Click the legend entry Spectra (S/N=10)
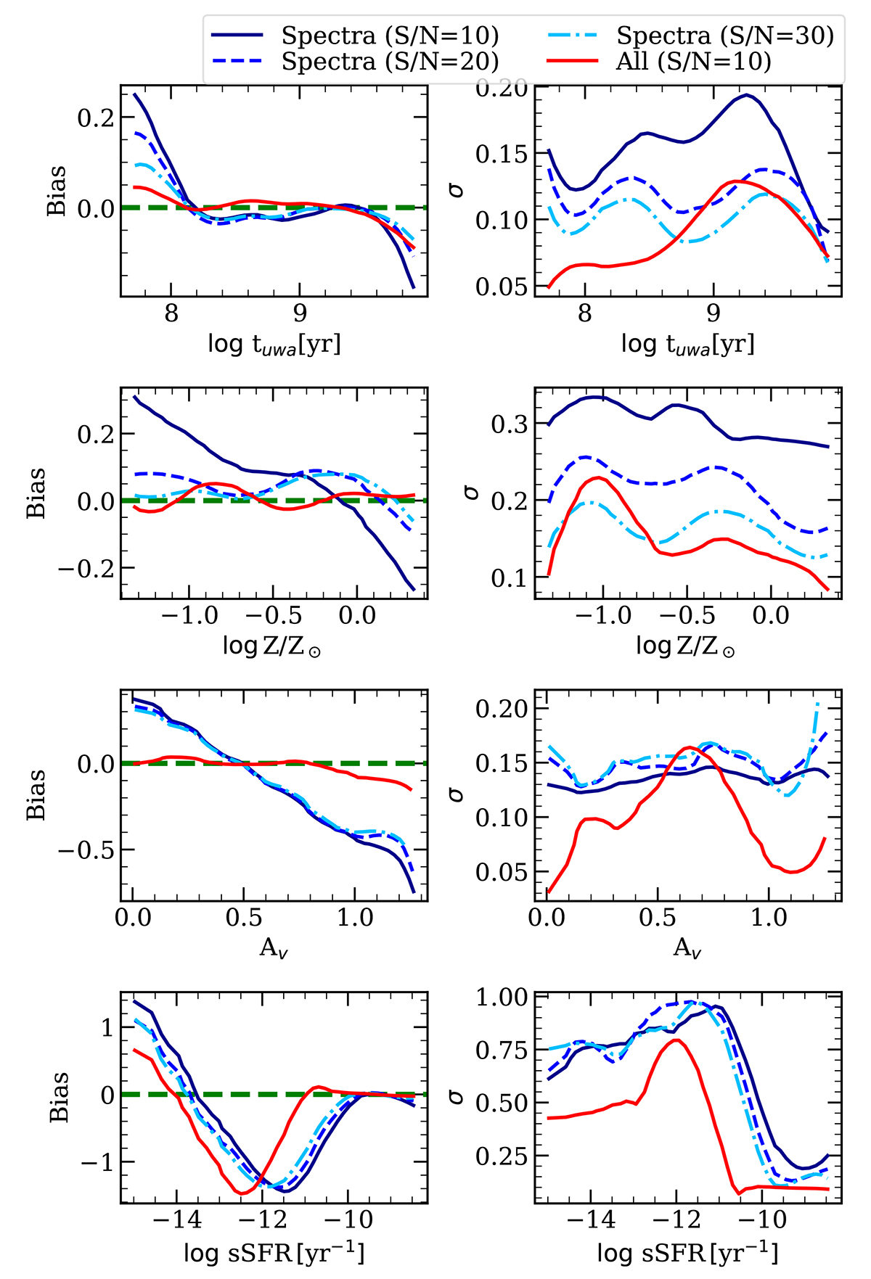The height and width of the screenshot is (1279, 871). pos(390,35)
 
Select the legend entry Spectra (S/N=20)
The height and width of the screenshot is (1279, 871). pos(390,62)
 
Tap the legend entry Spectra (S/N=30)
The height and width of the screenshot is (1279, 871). pos(725,35)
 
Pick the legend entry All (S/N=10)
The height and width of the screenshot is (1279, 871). pos(693,62)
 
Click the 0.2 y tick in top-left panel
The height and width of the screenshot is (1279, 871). pos(96,118)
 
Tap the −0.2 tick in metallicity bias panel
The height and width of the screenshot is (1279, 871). pos(84,569)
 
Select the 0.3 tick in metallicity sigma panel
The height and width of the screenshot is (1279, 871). pos(509,424)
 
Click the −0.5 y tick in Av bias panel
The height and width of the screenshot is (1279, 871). pos(84,850)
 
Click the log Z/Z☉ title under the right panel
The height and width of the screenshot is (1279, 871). pos(687,645)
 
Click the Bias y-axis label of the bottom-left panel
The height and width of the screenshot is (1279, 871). pos(59,1096)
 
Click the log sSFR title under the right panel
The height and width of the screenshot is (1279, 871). pos(687,1253)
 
